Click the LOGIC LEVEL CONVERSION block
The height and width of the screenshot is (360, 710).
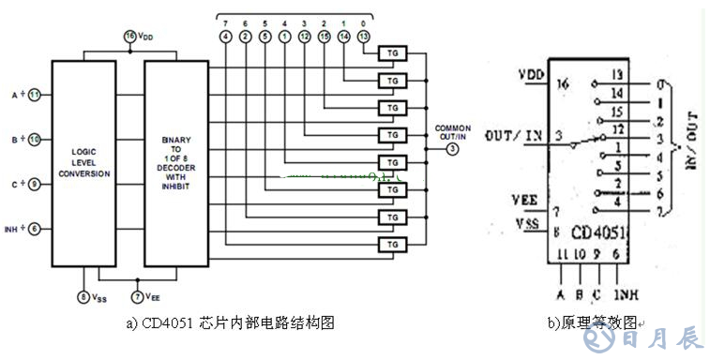coord(83,163)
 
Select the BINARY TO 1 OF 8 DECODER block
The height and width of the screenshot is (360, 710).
coord(175,163)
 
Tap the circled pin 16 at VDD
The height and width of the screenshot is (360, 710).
coord(130,36)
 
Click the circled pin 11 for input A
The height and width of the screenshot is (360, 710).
coord(34,95)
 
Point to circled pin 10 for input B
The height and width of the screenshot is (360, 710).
coord(34,141)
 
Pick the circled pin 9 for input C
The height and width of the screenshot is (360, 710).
coord(34,185)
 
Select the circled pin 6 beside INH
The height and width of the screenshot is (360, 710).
coord(34,228)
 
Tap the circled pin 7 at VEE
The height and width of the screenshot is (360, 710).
coord(137,297)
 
